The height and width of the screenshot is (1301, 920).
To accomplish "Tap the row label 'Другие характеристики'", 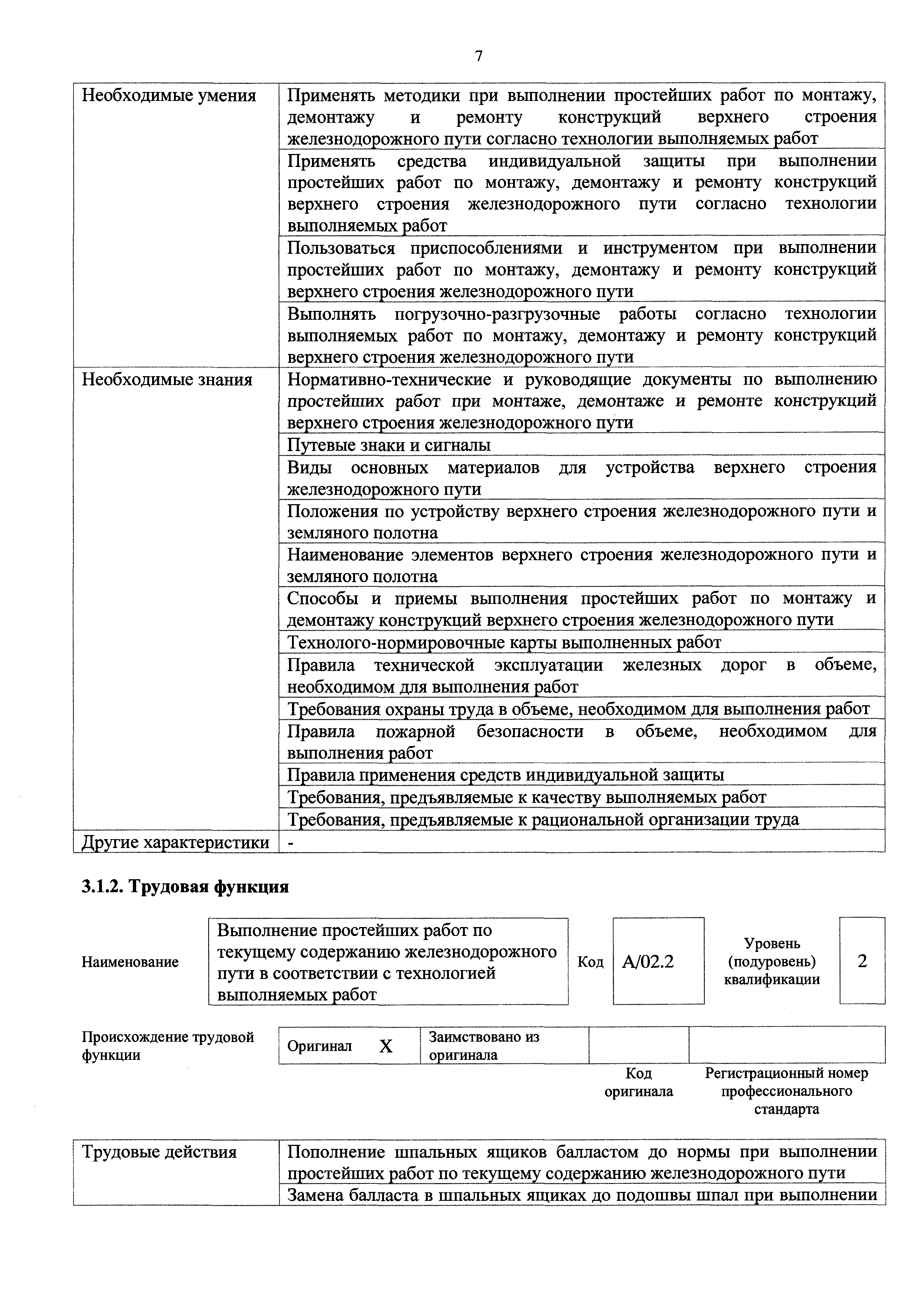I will point(175,842).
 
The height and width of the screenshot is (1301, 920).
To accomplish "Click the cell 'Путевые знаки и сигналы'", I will point(389,445).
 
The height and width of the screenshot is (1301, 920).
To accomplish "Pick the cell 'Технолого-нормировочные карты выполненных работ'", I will point(504,642).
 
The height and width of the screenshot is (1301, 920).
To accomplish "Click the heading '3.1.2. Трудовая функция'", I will point(185,887).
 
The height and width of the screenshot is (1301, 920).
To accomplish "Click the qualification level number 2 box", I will point(862,961).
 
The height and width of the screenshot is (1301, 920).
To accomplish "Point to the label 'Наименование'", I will point(130,962).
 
